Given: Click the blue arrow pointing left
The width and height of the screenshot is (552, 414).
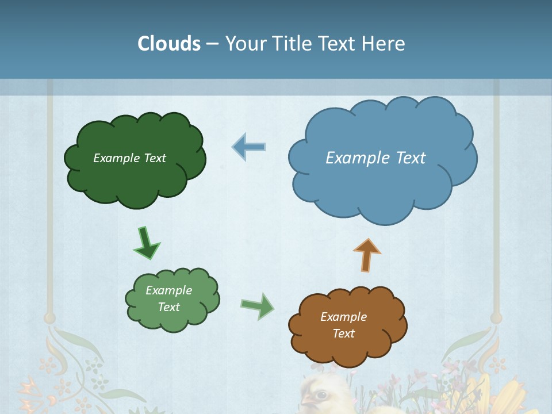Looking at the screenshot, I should tap(249, 147).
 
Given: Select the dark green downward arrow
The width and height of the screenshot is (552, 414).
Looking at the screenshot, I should tap(147, 244).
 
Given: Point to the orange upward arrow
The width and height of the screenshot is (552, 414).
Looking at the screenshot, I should tap(367, 255).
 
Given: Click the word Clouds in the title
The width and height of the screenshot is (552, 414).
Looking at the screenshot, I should tap(169, 44).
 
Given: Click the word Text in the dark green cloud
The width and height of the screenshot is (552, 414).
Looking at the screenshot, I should tap(155, 158).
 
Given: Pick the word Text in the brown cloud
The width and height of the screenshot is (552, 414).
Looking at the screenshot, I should tap(343, 333).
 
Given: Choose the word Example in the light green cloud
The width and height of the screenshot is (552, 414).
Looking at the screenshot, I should tap(168, 290).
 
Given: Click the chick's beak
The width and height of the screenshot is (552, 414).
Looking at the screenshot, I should tap(307, 399).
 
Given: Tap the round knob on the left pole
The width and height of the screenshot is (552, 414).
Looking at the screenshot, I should tap(49, 317).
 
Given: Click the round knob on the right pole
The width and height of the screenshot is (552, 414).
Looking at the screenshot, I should tap(496, 317).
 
